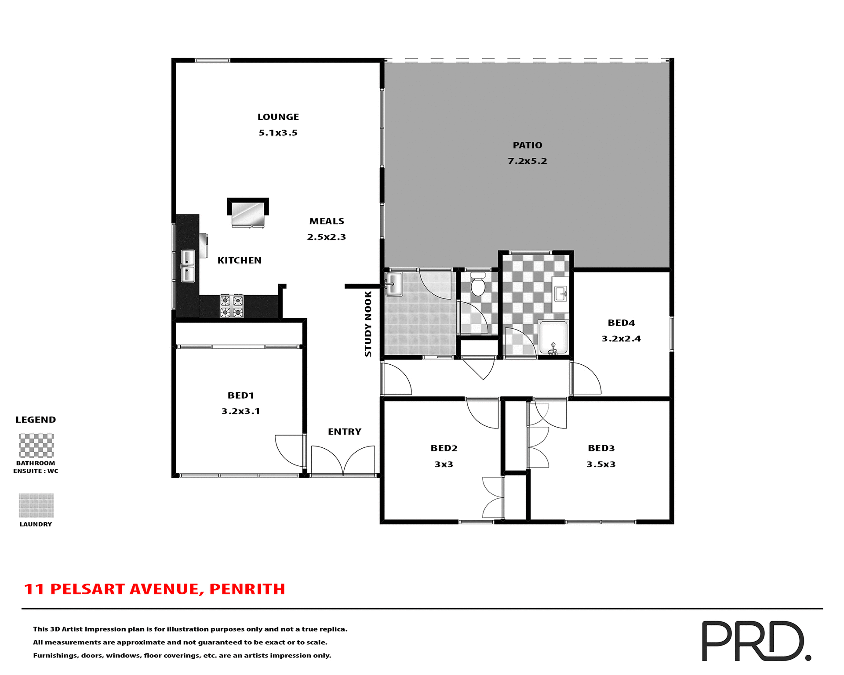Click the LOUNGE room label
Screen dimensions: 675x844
[x=278, y=117]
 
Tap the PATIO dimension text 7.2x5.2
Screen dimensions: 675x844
[x=527, y=161]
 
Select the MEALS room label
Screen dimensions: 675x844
[x=327, y=221]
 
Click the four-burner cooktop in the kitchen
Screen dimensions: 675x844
[x=231, y=306]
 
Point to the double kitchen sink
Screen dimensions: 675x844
[x=188, y=266]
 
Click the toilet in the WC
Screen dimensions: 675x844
[x=478, y=285]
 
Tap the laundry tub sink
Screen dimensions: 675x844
[x=393, y=284]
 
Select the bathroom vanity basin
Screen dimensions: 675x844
[x=560, y=294]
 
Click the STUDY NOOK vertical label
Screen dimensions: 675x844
[x=368, y=323]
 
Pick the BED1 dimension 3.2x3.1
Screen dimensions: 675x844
[x=240, y=411]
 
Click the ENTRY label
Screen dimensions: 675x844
[x=344, y=432]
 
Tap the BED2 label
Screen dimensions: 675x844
[x=444, y=448]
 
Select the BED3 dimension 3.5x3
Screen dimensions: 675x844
[x=600, y=465]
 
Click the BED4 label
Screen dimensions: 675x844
[x=621, y=323]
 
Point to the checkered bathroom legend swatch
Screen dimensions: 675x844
[x=36, y=446]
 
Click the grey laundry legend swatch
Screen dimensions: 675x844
[x=36, y=505]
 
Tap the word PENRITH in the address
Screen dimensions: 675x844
[x=247, y=589]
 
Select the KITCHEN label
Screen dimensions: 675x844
[x=239, y=261]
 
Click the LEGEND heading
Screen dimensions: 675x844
[x=36, y=420]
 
